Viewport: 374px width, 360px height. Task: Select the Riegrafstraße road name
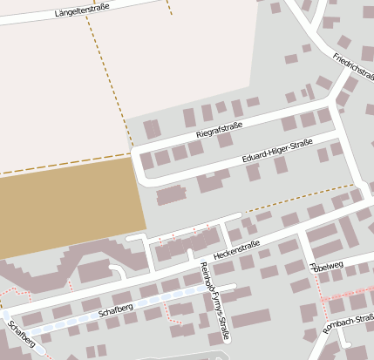pyautogui.click(x=219, y=132)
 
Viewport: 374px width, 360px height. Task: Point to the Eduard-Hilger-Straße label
pyautogui.click(x=276, y=153)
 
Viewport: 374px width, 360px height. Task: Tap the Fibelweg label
pyautogui.click(x=326, y=264)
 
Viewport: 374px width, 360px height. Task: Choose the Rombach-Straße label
pyautogui.click(x=349, y=323)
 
